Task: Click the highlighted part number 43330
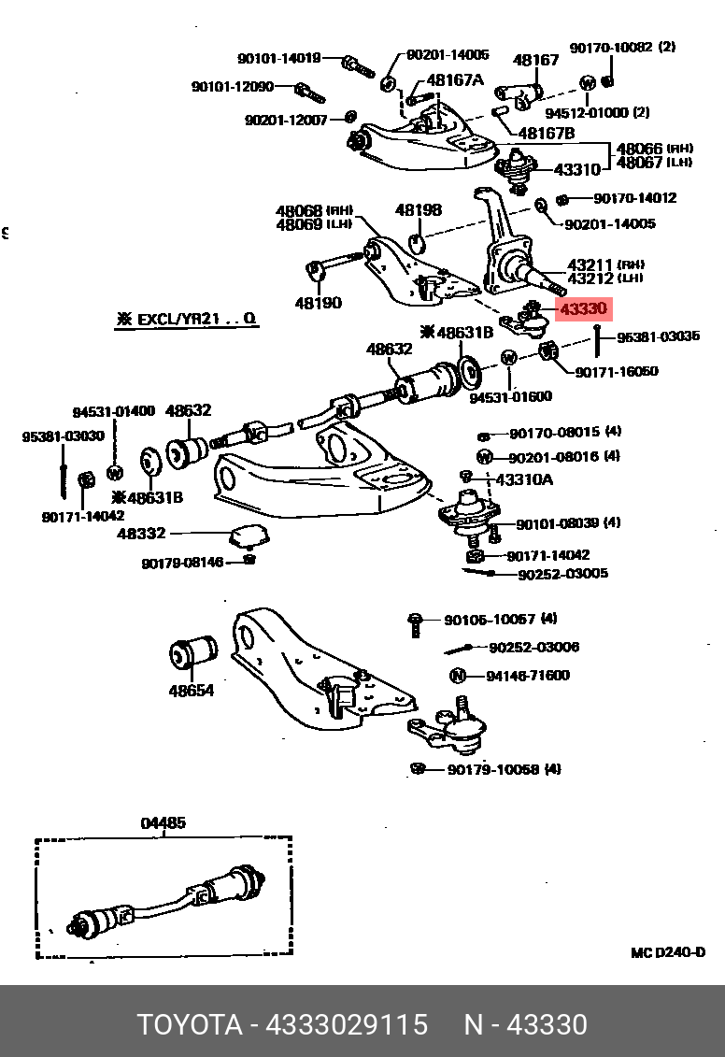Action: [x=583, y=308]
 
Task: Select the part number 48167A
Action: [x=455, y=80]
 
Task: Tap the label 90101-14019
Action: [x=278, y=58]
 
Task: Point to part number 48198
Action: [x=418, y=210]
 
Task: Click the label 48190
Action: [x=318, y=303]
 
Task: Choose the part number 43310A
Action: [x=523, y=479]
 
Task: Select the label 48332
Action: [x=141, y=534]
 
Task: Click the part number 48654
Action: [x=191, y=691]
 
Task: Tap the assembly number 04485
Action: [x=163, y=823]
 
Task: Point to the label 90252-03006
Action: [x=533, y=647]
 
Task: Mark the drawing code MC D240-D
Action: [x=667, y=952]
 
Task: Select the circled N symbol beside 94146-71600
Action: [x=458, y=676]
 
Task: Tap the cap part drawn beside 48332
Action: [x=249, y=537]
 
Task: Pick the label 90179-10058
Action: [x=491, y=769]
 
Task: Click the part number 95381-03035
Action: [x=658, y=336]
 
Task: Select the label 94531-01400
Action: [x=114, y=411]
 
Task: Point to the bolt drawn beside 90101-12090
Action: [x=306, y=92]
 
